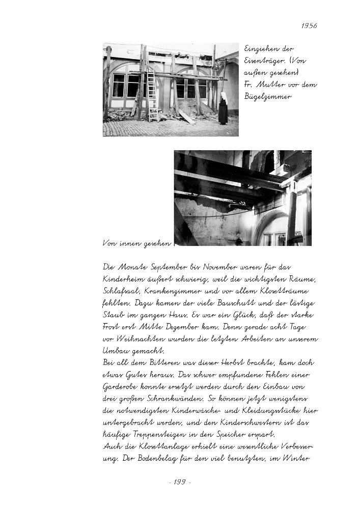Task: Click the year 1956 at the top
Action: pyautogui.click(x=309, y=25)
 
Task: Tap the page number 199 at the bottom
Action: pyautogui.click(x=179, y=482)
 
